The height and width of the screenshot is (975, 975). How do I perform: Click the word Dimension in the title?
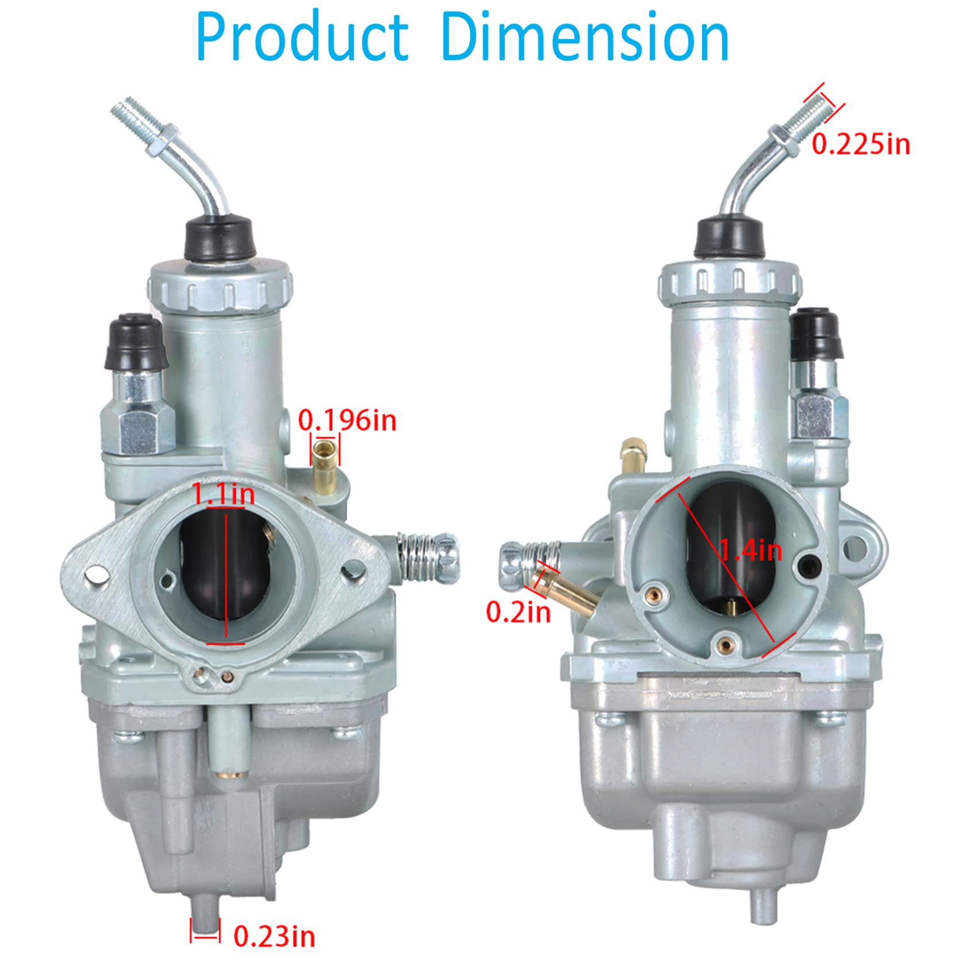586,37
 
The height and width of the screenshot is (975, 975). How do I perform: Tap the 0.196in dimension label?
347,421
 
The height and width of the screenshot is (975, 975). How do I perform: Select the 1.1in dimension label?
223,494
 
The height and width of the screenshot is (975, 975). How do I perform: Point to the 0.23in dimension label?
274,937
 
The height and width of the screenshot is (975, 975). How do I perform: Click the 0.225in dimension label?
861,143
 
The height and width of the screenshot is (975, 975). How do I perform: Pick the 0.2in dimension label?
518,612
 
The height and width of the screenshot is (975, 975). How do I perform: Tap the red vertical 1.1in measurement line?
227,574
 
